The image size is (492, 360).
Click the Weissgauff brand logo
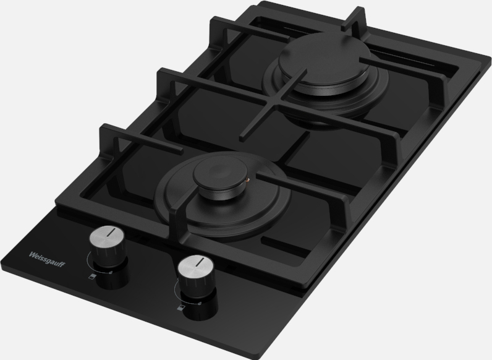point(47,259)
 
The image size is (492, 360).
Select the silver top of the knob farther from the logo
point(195,265)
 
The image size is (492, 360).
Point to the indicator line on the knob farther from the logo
point(199,262)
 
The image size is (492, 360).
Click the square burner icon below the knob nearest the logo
point(92,276)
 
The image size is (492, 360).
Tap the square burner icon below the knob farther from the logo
point(180,307)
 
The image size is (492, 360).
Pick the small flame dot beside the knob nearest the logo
point(111,272)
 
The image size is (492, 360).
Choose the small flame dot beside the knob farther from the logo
point(200,304)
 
